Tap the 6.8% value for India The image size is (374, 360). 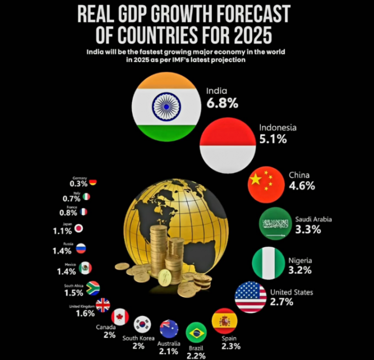tap(222, 103)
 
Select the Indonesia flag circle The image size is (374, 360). tap(227, 146)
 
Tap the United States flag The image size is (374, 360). tap(251, 297)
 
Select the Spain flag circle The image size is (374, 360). tap(224, 321)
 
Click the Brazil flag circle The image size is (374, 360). tap(196, 333)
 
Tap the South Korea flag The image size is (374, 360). tap(143, 324)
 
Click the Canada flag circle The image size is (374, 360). tap(120, 316)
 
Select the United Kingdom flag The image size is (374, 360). tap(103, 305)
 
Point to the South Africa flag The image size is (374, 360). tap(93, 288)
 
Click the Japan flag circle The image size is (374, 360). tap(79, 229)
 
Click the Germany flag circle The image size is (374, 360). tap(93, 182)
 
